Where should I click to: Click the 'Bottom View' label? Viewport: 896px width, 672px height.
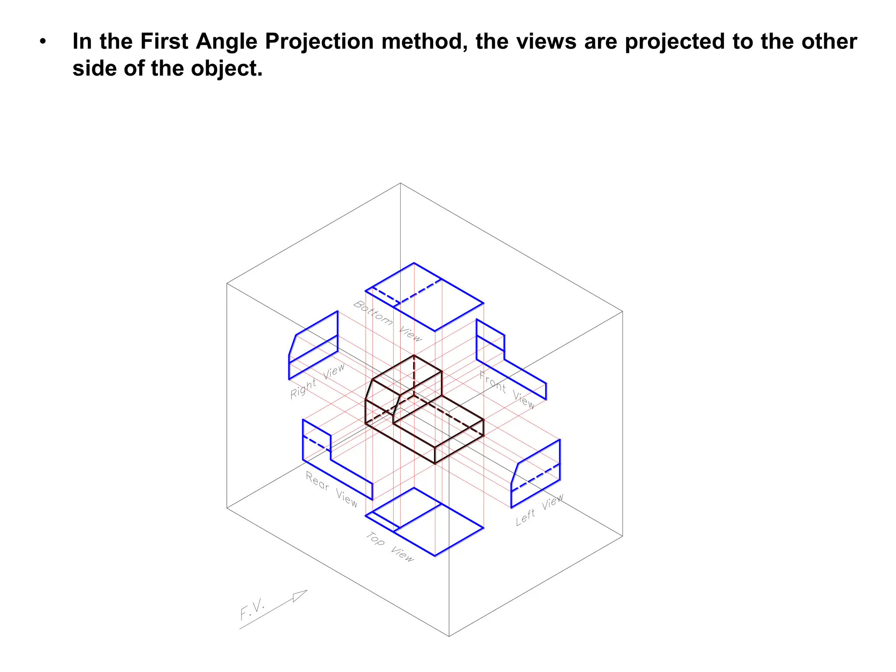coord(388,321)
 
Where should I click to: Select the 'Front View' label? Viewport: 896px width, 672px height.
coord(507,389)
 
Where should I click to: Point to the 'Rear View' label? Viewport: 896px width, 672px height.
coord(332,489)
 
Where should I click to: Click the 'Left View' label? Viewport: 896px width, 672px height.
coord(539,510)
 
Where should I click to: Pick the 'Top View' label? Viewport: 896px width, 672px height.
coord(390,546)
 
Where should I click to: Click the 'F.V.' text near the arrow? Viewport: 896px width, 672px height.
coord(252,609)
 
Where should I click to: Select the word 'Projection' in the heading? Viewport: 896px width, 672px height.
coord(319,42)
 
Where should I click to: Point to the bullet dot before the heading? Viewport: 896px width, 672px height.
coord(42,42)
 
